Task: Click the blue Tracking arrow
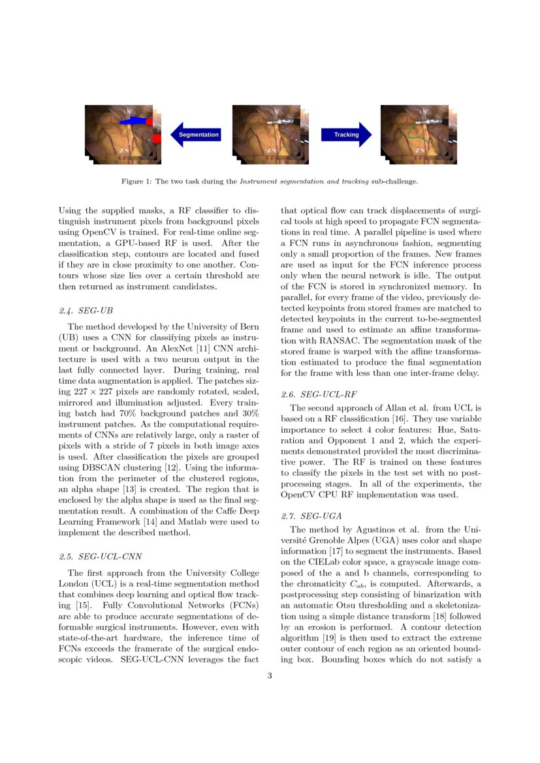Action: coord(345,134)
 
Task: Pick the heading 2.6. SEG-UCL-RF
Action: coord(319,394)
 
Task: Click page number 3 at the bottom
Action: coord(270,676)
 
